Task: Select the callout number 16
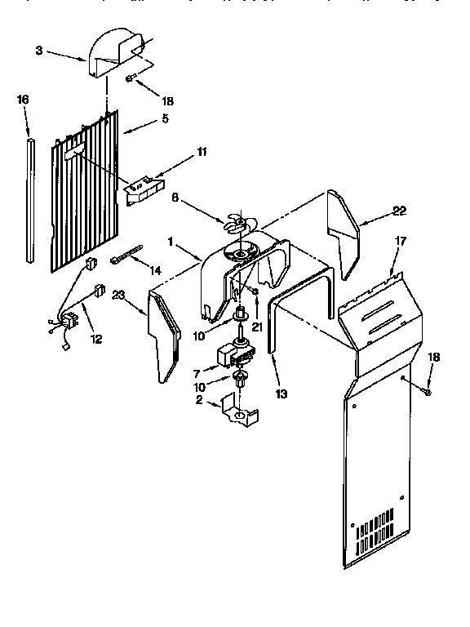coord(23,99)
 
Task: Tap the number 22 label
coord(398,211)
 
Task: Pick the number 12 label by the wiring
coord(96,340)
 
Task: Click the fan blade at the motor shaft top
coord(237,220)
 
